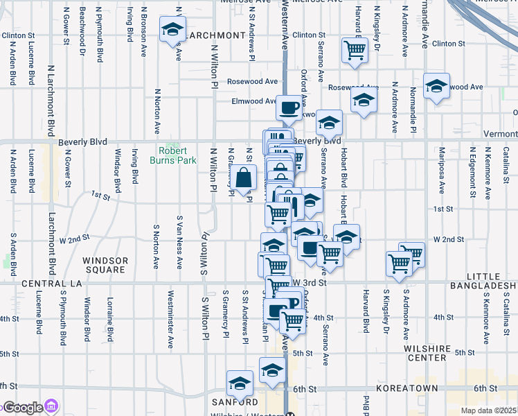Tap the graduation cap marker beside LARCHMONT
pos(172,31)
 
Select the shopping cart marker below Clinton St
pos(355,50)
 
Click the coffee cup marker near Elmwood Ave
pos(289,108)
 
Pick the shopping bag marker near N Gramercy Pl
pos(244,179)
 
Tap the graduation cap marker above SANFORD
pos(240,383)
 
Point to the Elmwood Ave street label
pos(253,101)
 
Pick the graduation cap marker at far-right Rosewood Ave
pos(437,87)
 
